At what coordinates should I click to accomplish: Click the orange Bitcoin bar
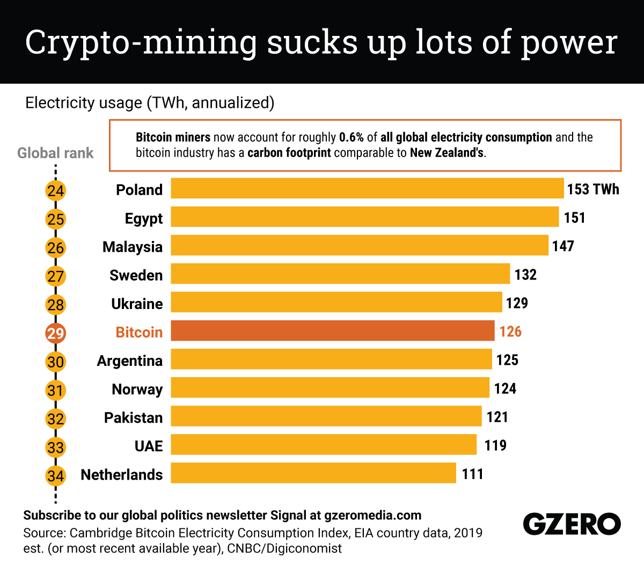click(x=333, y=331)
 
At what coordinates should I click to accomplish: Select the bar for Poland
click(x=367, y=189)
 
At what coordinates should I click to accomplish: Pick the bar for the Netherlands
click(x=313, y=473)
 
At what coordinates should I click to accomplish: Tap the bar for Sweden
click(x=340, y=274)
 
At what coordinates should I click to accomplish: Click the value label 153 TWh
click(x=593, y=189)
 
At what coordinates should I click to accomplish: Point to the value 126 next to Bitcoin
click(x=510, y=332)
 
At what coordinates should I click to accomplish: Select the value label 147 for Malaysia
click(x=563, y=246)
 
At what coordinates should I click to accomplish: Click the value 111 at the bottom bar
click(x=472, y=474)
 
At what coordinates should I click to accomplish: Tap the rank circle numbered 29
click(x=55, y=334)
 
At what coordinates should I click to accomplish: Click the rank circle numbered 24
click(x=55, y=191)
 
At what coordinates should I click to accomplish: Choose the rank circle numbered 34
click(x=55, y=476)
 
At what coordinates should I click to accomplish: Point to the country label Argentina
click(x=129, y=360)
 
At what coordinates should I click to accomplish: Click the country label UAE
click(x=148, y=446)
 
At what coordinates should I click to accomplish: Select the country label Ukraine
click(x=137, y=304)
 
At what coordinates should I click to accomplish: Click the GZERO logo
click(x=572, y=524)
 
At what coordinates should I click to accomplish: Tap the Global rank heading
click(x=55, y=153)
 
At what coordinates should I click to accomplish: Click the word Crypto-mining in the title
click(x=141, y=42)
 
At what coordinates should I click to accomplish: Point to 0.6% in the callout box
click(x=351, y=137)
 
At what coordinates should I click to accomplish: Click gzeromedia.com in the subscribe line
click(x=372, y=516)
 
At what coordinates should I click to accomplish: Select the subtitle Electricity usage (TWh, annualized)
click(x=150, y=102)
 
